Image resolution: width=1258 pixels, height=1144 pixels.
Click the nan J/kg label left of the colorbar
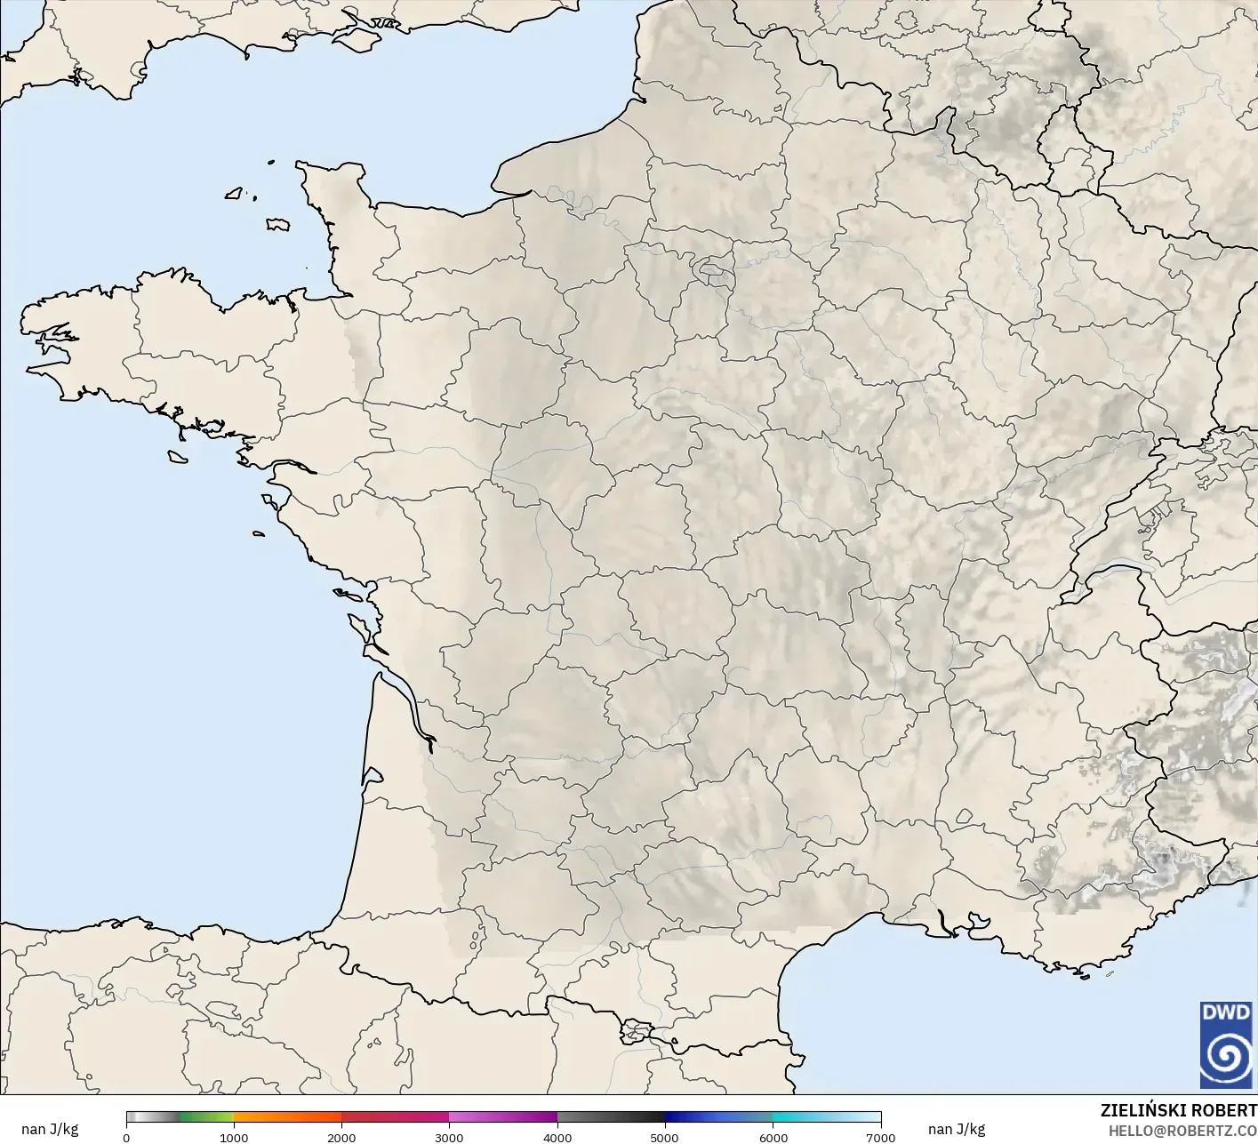pyautogui.click(x=50, y=1129)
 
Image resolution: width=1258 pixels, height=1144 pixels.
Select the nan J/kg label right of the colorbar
pyautogui.click(x=957, y=1129)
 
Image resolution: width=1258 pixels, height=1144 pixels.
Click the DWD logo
pyautogui.click(x=1225, y=1044)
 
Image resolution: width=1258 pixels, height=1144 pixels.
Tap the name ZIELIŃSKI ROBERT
pyautogui.click(x=1178, y=1110)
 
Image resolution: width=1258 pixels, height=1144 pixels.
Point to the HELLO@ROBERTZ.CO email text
pyautogui.click(x=1182, y=1130)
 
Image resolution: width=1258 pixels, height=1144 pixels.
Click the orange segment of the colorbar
pyautogui.click(x=287, y=1117)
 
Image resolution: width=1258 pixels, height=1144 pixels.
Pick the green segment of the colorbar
pyautogui.click(x=206, y=1117)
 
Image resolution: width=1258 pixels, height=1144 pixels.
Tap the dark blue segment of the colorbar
pyautogui.click(x=702, y=1117)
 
